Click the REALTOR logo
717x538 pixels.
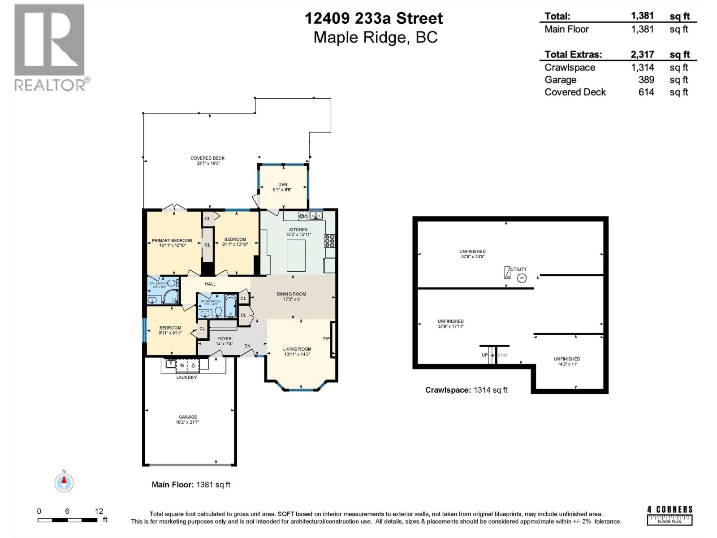[x=50, y=47]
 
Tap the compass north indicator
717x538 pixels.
[x=64, y=482]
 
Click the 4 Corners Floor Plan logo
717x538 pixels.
[x=670, y=516]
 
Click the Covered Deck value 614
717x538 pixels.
[x=646, y=92]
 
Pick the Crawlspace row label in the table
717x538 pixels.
[x=570, y=68]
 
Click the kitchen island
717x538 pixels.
[x=296, y=256]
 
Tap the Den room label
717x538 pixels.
[x=282, y=184]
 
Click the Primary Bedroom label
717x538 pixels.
[x=172, y=241]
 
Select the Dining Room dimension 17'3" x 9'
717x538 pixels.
[x=291, y=299]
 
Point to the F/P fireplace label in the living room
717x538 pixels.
[x=326, y=339]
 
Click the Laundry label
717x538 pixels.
[x=186, y=377]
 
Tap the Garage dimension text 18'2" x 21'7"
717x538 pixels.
[x=187, y=422]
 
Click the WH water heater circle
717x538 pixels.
[x=522, y=278]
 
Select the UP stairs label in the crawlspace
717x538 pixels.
[x=484, y=355]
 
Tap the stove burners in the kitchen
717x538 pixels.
[x=330, y=241]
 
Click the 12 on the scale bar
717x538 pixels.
[x=99, y=511]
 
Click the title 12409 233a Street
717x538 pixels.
[x=374, y=18]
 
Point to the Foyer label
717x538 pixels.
[x=225, y=339]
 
